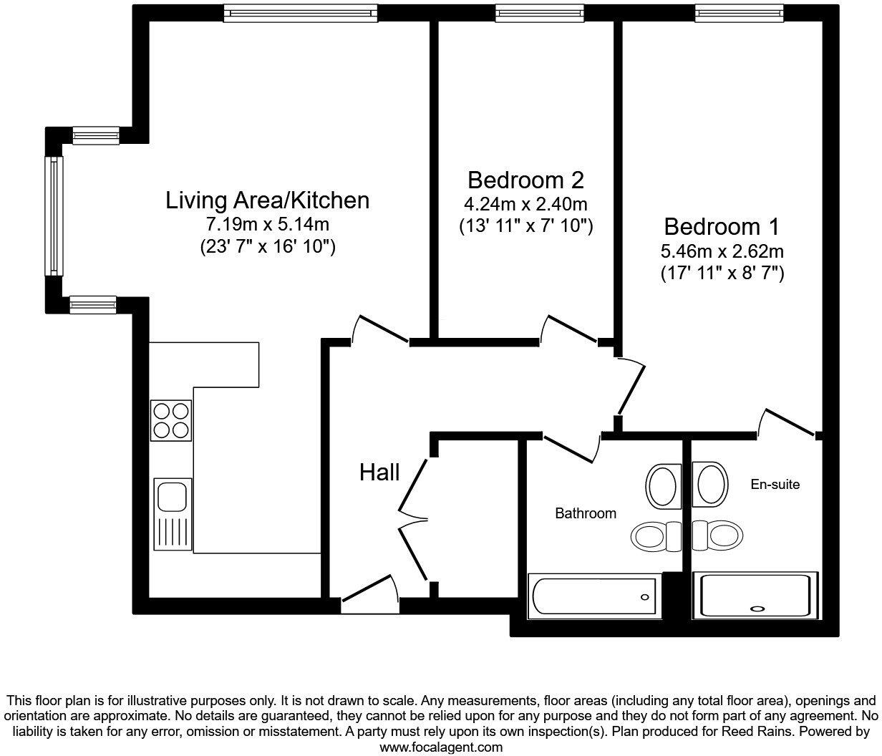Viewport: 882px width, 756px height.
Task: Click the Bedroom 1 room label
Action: point(721,227)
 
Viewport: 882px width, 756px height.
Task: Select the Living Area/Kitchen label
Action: point(267,200)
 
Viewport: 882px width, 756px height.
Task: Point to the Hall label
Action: point(379,472)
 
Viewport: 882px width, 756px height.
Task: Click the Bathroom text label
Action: point(586,513)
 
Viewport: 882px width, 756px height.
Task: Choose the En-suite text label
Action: point(775,485)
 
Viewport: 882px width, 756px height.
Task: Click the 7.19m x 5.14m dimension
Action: point(267,224)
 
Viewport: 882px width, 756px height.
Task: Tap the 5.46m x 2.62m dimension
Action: point(721,251)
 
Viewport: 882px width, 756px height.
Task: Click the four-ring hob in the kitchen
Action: point(172,420)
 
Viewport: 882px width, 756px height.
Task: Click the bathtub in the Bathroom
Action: point(594,596)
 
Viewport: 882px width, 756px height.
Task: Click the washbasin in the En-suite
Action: point(711,485)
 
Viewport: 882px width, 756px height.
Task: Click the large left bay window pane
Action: point(54,215)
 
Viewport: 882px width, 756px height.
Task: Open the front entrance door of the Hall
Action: point(370,598)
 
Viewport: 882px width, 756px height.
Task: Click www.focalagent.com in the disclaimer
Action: point(440,747)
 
